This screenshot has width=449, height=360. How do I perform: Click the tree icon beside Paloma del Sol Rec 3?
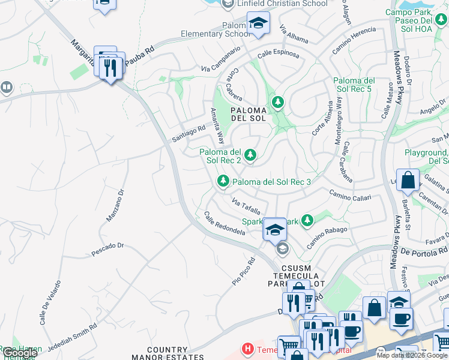tap(223, 181)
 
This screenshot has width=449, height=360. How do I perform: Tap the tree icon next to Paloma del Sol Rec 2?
tap(250, 156)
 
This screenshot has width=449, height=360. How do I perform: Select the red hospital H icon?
tap(246, 348)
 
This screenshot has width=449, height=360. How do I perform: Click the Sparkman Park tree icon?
tap(307, 221)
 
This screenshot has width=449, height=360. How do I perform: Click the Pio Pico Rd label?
tap(244, 272)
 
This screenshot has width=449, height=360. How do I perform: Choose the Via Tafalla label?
tap(246, 205)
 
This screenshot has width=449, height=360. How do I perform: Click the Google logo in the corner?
tap(20, 353)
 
